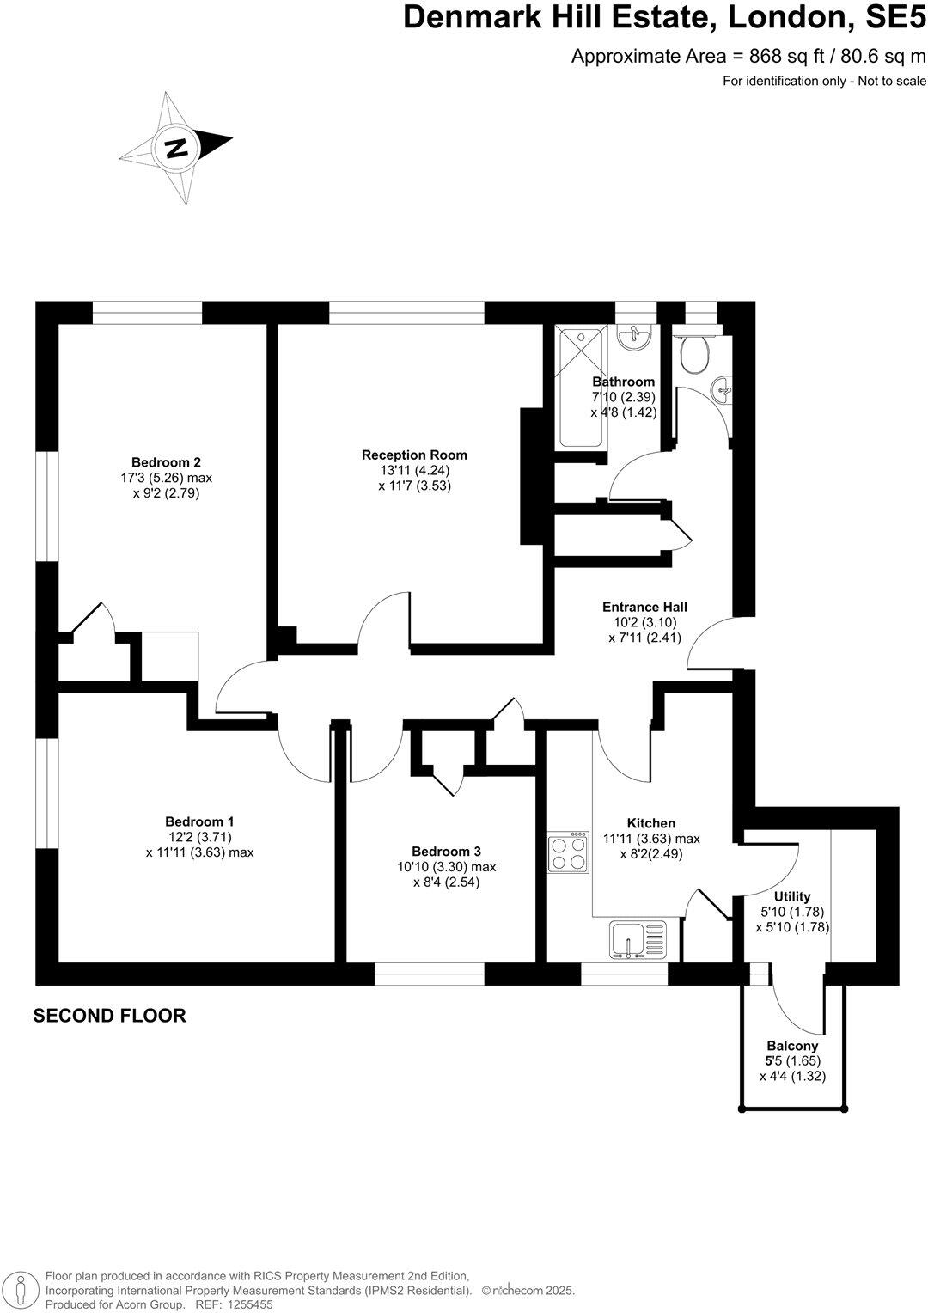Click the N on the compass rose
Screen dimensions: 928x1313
coord(176,148)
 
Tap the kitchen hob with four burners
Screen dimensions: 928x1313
coord(568,852)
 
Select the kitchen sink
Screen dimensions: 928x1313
coord(638,939)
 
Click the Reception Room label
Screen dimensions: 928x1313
coord(414,455)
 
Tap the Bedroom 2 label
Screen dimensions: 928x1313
coord(166,461)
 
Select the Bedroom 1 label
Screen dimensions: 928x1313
coord(199,821)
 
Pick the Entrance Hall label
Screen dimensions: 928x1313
coord(644,607)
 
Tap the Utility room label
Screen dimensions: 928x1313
coord(791,896)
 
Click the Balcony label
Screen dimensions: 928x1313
coord(792,1046)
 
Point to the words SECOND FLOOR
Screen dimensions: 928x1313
coord(109,1016)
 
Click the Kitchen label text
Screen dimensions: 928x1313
coord(650,823)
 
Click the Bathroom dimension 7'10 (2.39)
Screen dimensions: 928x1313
coord(624,397)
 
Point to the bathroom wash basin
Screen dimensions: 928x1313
coord(635,337)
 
